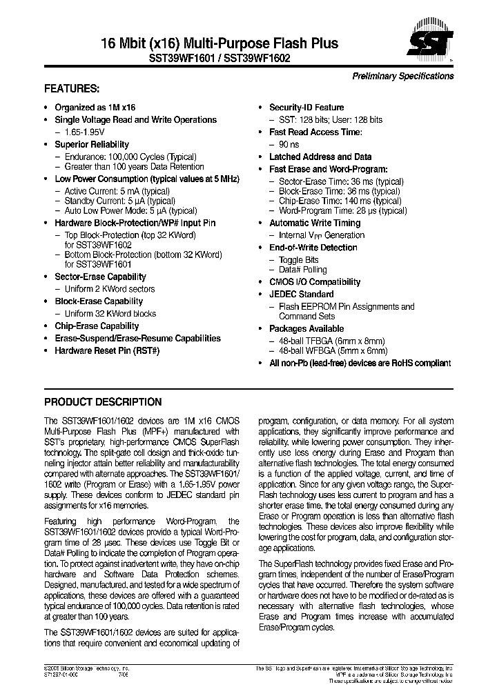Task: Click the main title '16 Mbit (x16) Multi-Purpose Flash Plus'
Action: point(191,43)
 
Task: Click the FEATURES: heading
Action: point(72,89)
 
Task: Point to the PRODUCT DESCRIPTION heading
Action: point(103,402)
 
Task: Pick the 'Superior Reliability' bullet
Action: point(91,144)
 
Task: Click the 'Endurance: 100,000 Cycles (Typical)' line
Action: point(130,157)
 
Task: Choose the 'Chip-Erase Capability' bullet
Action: point(97,326)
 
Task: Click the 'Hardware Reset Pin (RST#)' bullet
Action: point(107,350)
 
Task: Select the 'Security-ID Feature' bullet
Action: point(306,108)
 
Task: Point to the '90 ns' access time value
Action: point(288,144)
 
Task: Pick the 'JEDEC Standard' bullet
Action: point(301,294)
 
